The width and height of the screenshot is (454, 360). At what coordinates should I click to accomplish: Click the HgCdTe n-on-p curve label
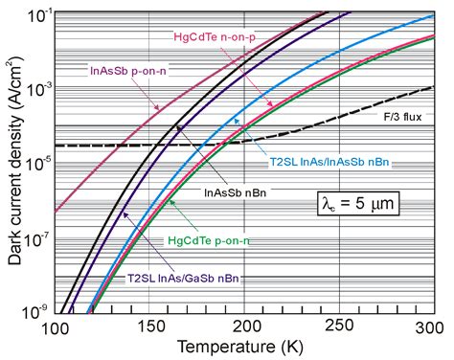pos(215,37)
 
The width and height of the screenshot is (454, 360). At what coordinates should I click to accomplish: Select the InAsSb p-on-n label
pos(128,71)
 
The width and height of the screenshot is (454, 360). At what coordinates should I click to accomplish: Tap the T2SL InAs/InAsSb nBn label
pos(329,162)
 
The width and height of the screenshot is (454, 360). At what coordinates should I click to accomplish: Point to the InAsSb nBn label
pos(235,192)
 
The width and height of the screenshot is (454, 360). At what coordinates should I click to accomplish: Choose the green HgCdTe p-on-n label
pos(209,240)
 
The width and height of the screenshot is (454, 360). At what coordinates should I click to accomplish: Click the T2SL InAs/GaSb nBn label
pos(183,279)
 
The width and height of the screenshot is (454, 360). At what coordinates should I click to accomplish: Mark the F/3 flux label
pos(402,117)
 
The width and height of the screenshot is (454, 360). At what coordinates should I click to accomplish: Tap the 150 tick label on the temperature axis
pos(148,327)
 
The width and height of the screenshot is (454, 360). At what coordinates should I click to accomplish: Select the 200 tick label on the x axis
pos(244,327)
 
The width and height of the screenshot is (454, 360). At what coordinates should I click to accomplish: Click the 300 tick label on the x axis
pos(429,327)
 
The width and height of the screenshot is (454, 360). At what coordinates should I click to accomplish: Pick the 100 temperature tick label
pos(56,328)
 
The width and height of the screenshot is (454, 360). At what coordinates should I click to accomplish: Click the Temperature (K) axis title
pos(239,348)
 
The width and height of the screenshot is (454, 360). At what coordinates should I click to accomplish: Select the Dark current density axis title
pos(14,161)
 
